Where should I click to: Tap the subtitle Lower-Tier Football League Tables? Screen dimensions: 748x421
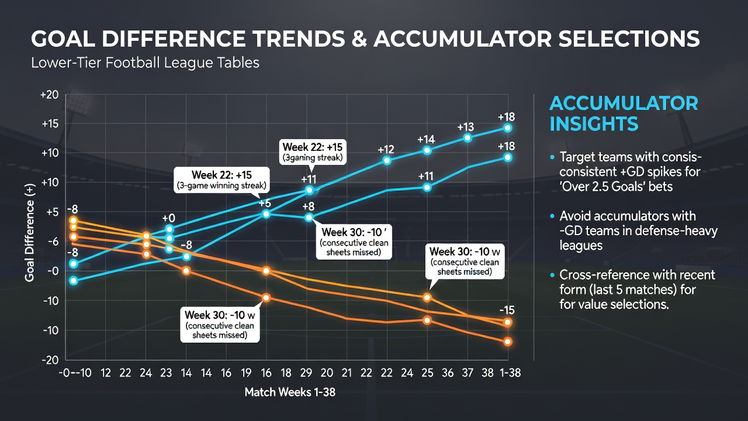[x=145, y=63]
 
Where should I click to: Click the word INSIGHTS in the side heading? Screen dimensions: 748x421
[x=594, y=123]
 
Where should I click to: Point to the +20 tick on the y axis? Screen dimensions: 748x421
[x=50, y=95]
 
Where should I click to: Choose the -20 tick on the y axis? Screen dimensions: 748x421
[x=50, y=360]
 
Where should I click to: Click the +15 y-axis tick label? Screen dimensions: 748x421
[x=50, y=124]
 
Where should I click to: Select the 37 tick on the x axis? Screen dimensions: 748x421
[x=467, y=372]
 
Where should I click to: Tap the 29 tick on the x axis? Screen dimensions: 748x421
[x=306, y=372]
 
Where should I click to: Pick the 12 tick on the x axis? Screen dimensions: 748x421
[x=106, y=372]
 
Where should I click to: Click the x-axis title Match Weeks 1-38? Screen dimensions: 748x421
[x=290, y=392]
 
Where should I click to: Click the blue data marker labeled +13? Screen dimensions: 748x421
[x=467, y=138]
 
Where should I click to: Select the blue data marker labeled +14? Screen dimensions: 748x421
[x=427, y=151]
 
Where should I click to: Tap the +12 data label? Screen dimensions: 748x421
[x=386, y=149]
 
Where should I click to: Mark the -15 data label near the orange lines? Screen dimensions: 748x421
[x=507, y=310]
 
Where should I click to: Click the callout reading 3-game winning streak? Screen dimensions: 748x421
[x=221, y=180]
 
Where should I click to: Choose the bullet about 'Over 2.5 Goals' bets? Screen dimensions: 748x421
[x=626, y=171]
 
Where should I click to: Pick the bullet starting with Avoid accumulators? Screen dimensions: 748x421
[x=633, y=230]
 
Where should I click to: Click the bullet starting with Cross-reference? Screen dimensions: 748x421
[x=632, y=289]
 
